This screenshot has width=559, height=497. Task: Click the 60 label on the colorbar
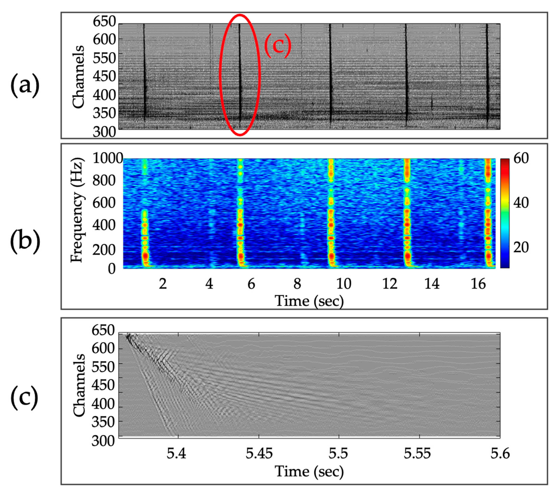[x=521, y=158]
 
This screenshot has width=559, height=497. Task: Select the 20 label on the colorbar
[x=521, y=247]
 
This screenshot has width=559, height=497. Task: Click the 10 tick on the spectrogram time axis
[x=344, y=284]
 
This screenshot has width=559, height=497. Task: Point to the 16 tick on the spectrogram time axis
[x=478, y=284]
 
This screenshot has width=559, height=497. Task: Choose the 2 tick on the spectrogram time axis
[x=163, y=284]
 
